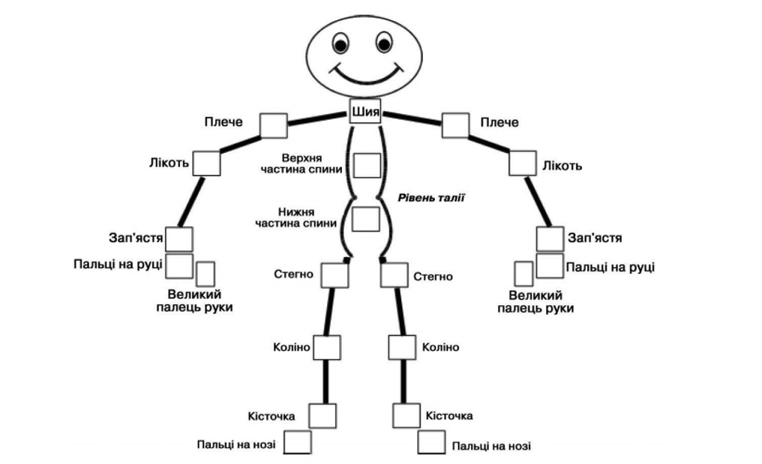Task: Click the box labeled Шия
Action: click(x=365, y=112)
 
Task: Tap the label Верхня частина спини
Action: click(x=311, y=164)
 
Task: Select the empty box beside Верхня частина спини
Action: click(x=367, y=165)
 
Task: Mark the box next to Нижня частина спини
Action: click(x=365, y=218)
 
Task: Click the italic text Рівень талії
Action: click(x=430, y=198)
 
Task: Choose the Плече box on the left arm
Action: click(x=274, y=125)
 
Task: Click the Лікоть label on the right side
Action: click(x=562, y=166)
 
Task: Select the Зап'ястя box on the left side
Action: click(x=179, y=239)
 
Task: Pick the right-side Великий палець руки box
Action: click(x=523, y=274)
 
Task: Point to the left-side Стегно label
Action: click(x=293, y=275)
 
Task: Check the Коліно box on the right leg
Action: click(x=402, y=348)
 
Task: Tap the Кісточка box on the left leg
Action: click(x=322, y=415)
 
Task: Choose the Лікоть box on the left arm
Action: click(x=206, y=163)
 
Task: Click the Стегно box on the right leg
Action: click(x=394, y=275)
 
